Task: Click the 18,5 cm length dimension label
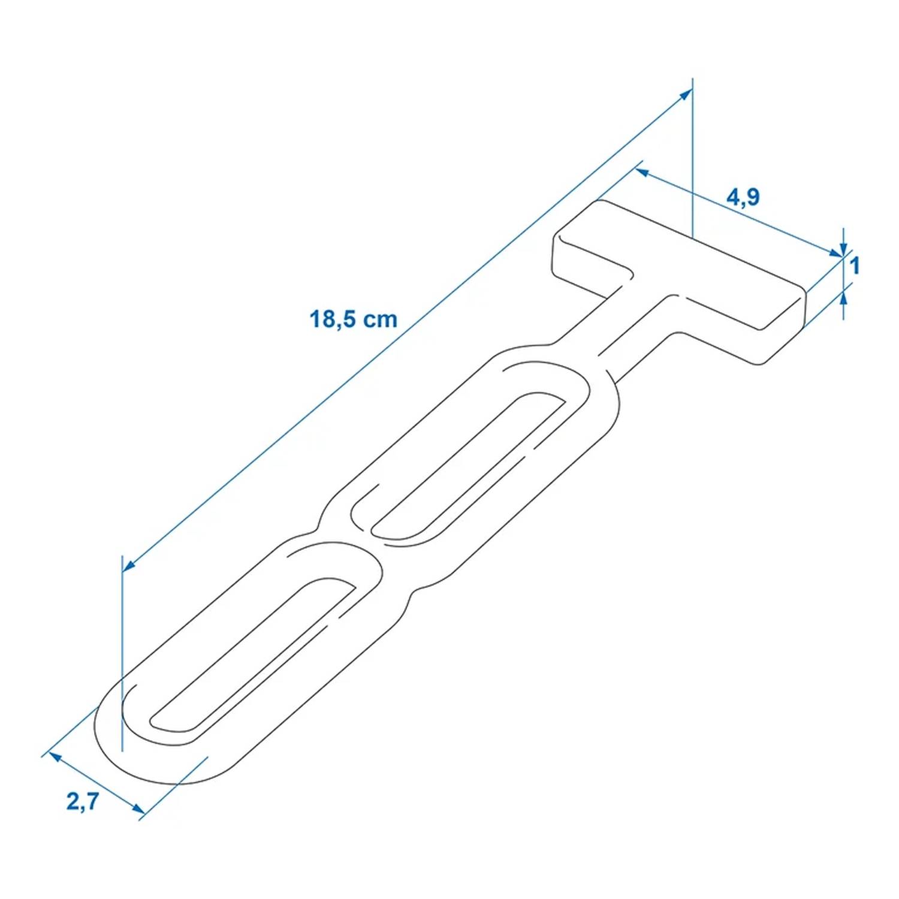(353, 319)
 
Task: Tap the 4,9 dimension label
(743, 197)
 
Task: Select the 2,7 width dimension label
(82, 801)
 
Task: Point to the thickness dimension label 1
(855, 266)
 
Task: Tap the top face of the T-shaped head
(677, 264)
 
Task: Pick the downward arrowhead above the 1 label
(844, 251)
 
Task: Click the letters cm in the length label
(382, 319)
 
